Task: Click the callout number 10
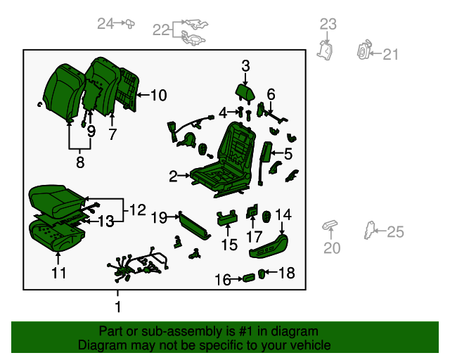coord(159,95)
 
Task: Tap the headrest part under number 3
coord(245,92)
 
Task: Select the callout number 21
coord(391,54)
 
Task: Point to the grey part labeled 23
coord(325,50)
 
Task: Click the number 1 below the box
coord(117,307)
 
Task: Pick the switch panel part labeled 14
coord(269,245)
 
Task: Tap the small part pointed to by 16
coord(248,278)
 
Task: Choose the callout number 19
coord(159,217)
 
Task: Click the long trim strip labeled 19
coord(194,226)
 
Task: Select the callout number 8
coord(80,162)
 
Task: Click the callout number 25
coord(395,231)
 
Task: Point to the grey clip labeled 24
coord(129,23)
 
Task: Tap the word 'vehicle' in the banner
coord(311,345)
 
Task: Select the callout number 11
coord(59,273)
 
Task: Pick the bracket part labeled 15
coord(226,217)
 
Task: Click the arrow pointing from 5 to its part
coord(276,153)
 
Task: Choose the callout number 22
coord(161,30)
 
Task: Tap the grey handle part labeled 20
coord(330,225)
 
